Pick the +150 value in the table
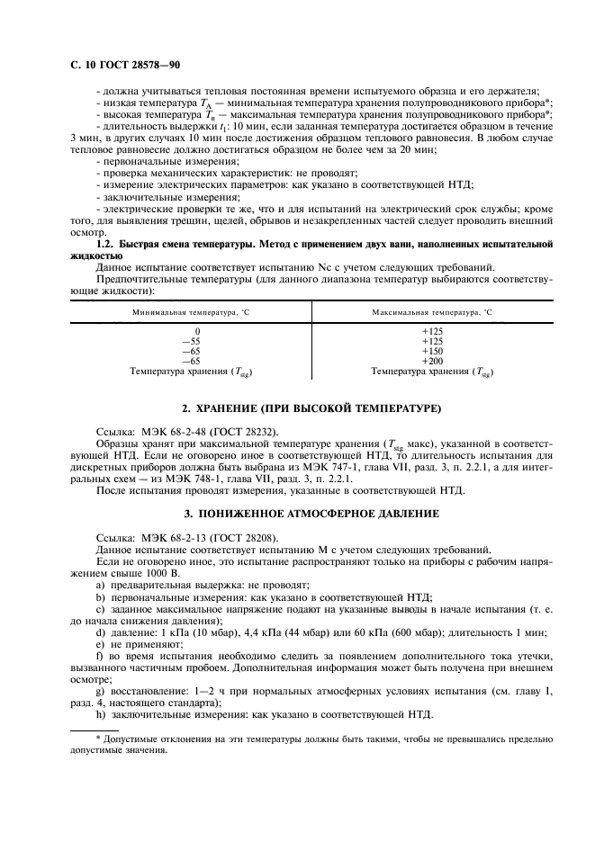click(x=432, y=351)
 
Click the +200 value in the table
click(x=432, y=361)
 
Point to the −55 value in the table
click(x=191, y=341)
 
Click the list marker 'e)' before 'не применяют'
click(x=100, y=644)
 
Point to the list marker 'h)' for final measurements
click(x=100, y=715)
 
